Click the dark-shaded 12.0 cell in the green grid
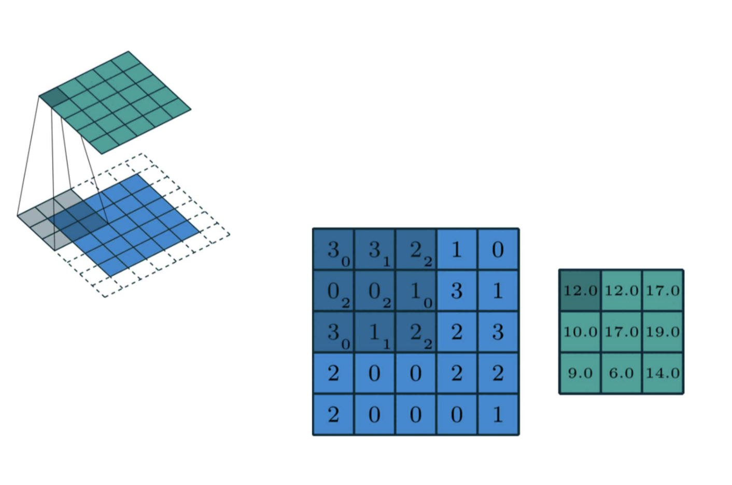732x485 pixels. coord(580,291)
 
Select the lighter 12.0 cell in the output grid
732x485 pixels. coord(621,291)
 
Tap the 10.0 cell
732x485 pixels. coord(580,332)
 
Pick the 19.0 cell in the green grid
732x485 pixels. coord(663,332)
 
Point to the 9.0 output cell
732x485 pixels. coord(580,373)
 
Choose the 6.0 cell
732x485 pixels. coord(621,373)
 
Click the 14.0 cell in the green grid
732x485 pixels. coord(663,373)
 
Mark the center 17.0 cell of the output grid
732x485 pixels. coord(621,332)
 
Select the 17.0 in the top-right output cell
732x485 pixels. coord(663,291)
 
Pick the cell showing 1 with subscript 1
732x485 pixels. coord(375,332)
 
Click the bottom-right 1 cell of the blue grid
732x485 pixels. coord(498,415)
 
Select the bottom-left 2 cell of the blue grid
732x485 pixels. coord(333,415)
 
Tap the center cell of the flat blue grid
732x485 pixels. coord(416,332)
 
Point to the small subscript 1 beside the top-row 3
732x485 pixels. coord(386,262)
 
